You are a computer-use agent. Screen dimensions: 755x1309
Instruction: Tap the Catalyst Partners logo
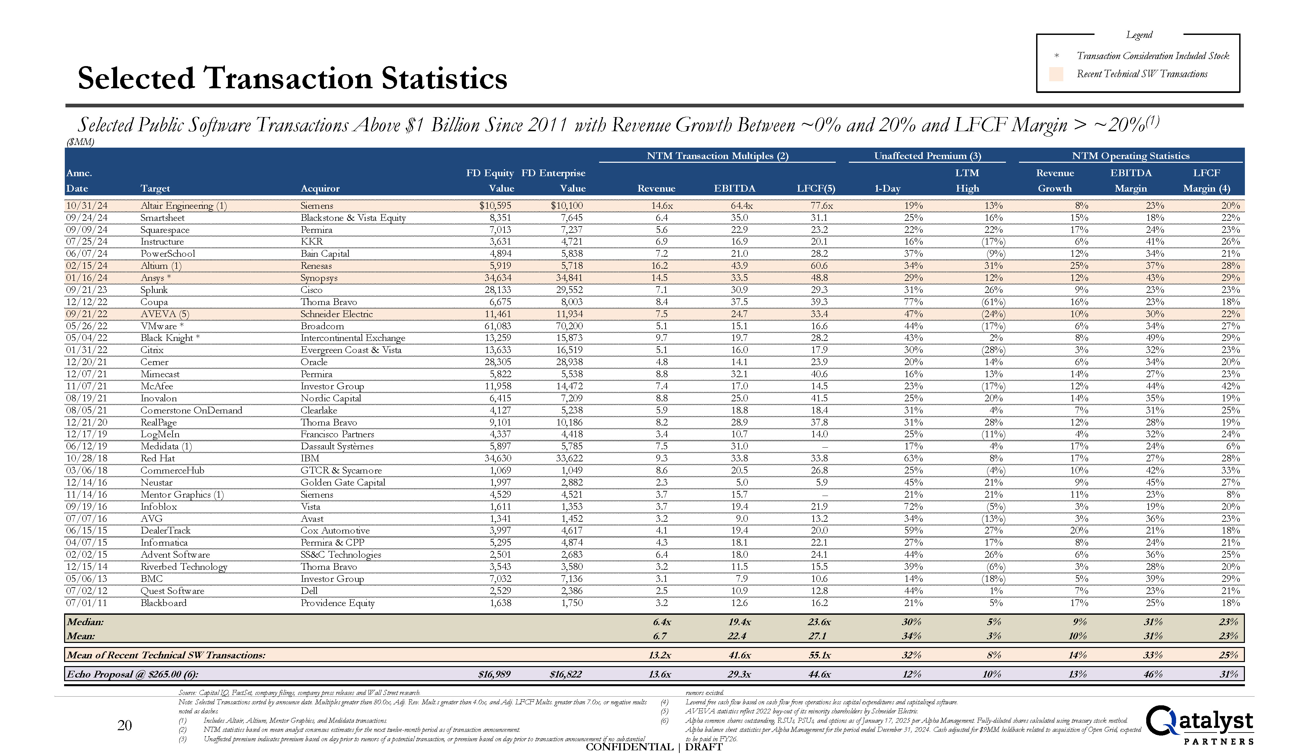click(1199, 725)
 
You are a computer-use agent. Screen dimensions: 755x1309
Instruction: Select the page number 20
click(125, 725)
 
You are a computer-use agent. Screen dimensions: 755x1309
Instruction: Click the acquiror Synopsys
click(319, 278)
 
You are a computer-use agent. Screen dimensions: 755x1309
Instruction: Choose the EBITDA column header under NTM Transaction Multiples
click(734, 188)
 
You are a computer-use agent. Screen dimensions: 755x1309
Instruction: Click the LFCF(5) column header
click(816, 188)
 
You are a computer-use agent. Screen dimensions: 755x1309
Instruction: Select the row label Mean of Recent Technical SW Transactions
click(166, 655)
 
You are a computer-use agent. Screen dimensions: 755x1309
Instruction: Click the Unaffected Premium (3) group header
click(927, 156)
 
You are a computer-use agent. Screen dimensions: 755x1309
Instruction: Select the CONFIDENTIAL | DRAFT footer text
click(654, 747)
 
